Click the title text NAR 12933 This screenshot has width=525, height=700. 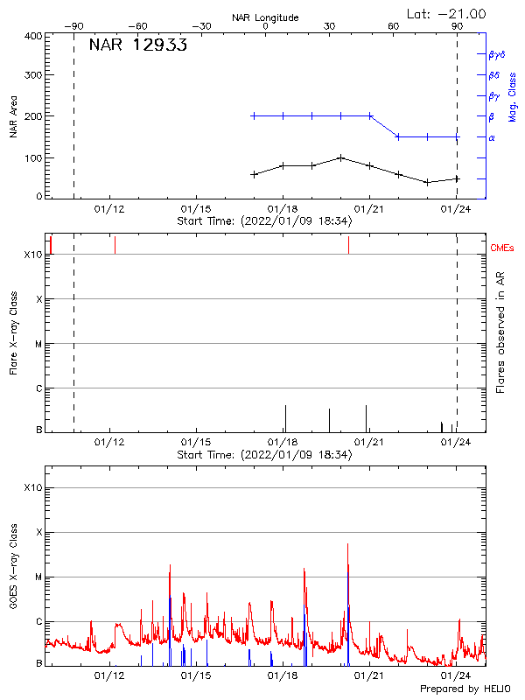point(137,45)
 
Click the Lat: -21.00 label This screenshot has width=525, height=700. point(448,13)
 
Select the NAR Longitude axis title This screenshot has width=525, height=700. point(265,17)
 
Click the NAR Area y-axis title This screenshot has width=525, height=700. point(13,116)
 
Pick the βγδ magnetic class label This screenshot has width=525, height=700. point(497,54)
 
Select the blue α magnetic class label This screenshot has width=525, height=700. point(492,137)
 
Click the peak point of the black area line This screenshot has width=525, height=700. point(341,157)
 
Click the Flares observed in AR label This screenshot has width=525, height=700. point(500,333)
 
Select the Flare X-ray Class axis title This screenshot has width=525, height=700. point(13,333)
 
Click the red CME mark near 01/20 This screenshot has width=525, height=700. point(348,245)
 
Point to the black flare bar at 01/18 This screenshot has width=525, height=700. point(285,418)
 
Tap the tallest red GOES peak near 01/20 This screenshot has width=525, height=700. point(348,545)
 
